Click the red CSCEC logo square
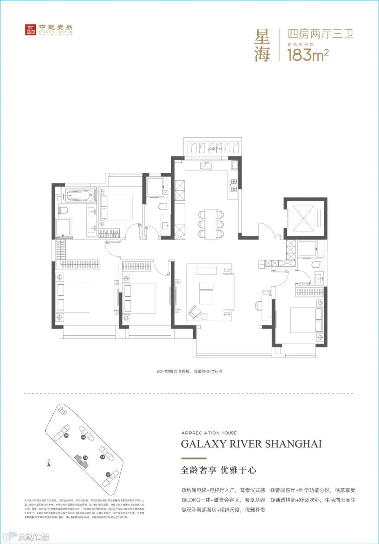coord(31,30)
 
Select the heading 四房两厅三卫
coord(320,34)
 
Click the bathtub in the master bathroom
coord(80,195)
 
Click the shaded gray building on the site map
coord(82,461)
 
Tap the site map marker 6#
coord(102,457)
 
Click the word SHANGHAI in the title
coord(293,444)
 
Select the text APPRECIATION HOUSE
coord(209,433)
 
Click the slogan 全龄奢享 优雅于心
coord(218,470)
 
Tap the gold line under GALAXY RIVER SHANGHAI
coord(193,458)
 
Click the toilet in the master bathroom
coord(63,210)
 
